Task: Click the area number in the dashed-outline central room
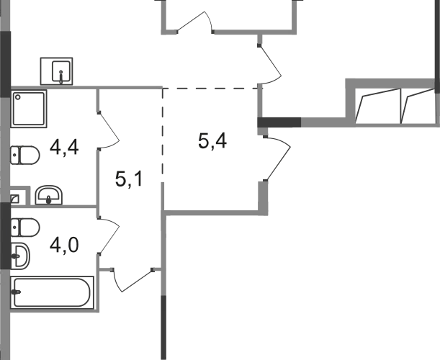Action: [x=213, y=140]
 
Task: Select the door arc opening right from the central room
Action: [x=281, y=155]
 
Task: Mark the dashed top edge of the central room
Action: [x=209, y=89]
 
